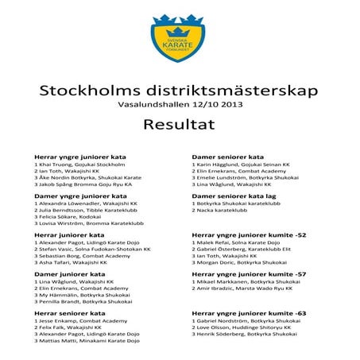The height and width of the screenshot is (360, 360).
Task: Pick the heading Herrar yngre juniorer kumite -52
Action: [x=249, y=235]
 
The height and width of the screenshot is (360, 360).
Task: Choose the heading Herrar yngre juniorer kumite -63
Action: [x=249, y=313]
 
